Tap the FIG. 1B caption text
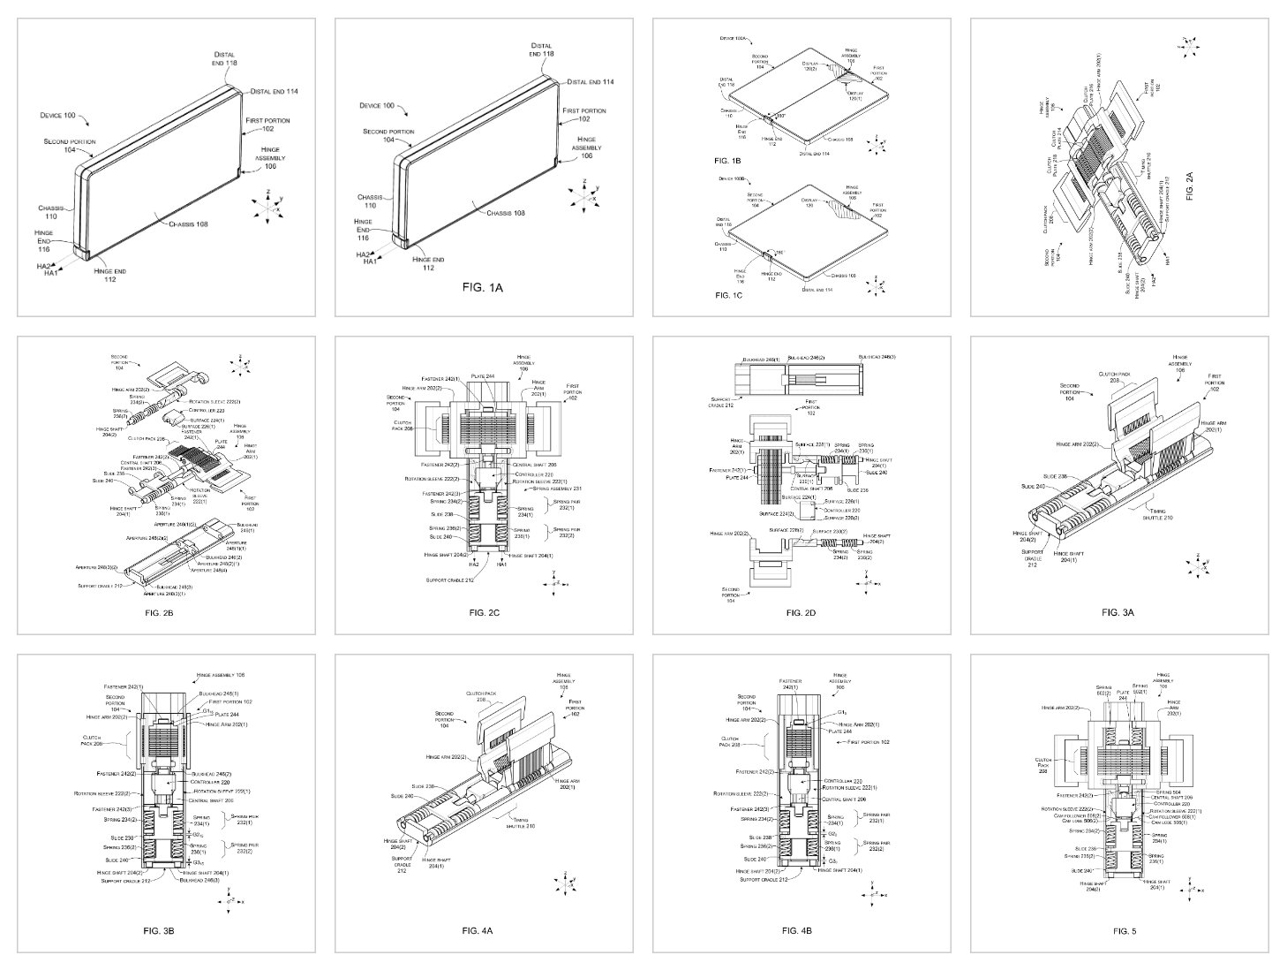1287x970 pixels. [728, 161]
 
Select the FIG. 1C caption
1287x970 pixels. [728, 294]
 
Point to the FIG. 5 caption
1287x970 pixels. [1124, 930]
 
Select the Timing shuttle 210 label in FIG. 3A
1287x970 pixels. [1158, 514]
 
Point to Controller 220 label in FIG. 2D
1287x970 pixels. [839, 511]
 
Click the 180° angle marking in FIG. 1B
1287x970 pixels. [779, 116]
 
